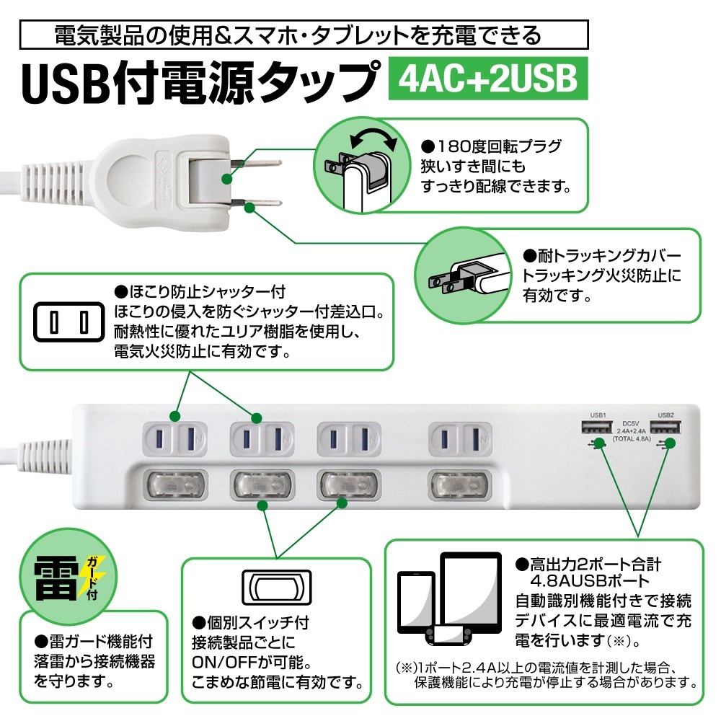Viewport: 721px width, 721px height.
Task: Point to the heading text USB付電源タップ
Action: coord(199,80)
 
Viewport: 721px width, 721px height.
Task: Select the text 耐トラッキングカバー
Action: coord(600,256)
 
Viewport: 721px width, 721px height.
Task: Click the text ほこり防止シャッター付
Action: coord(200,292)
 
